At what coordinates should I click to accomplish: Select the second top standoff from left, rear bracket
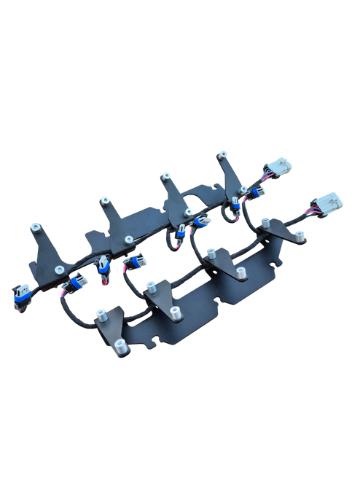[x=103, y=199]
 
